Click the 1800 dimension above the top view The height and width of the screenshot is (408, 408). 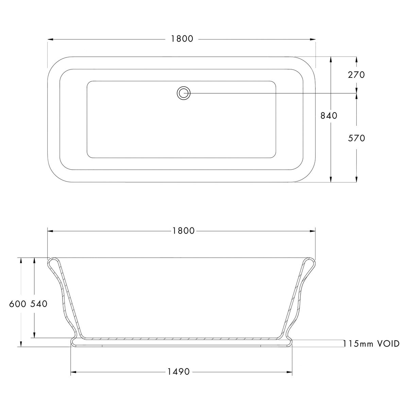point(182,39)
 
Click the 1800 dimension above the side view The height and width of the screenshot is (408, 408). point(183,231)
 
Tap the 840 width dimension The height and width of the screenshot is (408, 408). point(329,116)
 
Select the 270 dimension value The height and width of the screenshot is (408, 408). point(357,75)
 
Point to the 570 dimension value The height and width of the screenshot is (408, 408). point(357,138)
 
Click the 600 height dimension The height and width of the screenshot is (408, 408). point(18,304)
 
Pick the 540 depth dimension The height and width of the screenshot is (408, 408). point(39,304)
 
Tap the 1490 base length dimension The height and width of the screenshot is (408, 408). point(179,372)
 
